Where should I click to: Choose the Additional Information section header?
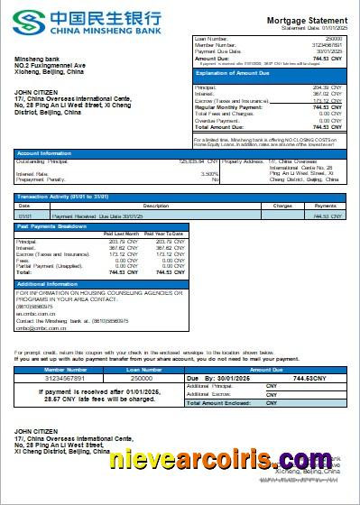point(50,285)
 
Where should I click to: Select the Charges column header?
point(282,207)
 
